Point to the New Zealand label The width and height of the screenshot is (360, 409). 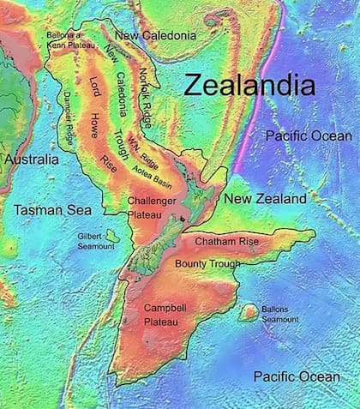265,198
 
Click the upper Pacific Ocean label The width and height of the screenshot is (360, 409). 308,136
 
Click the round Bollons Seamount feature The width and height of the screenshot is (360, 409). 249,312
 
